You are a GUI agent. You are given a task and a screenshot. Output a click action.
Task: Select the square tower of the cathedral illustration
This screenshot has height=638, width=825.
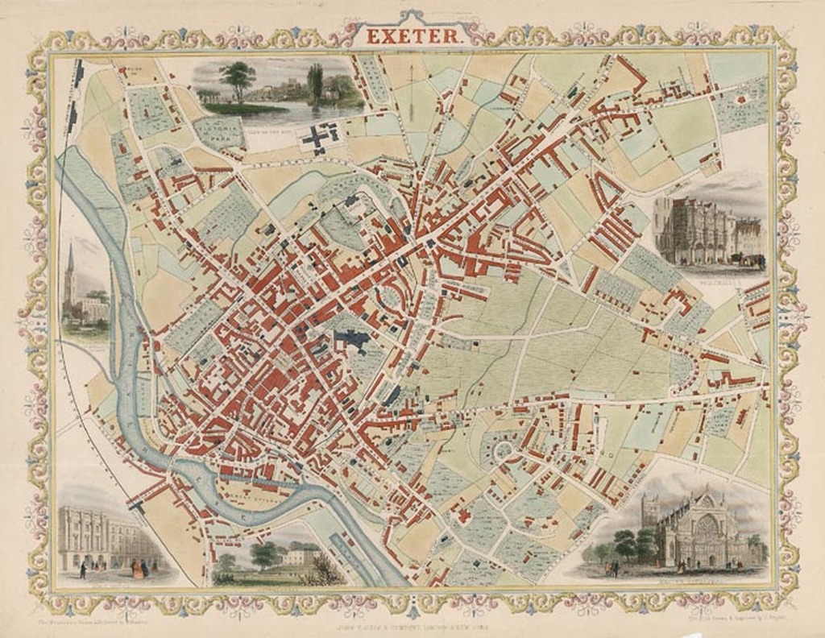(650, 516)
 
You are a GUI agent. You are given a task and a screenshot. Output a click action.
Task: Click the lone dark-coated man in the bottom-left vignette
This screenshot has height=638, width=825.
(82, 570)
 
